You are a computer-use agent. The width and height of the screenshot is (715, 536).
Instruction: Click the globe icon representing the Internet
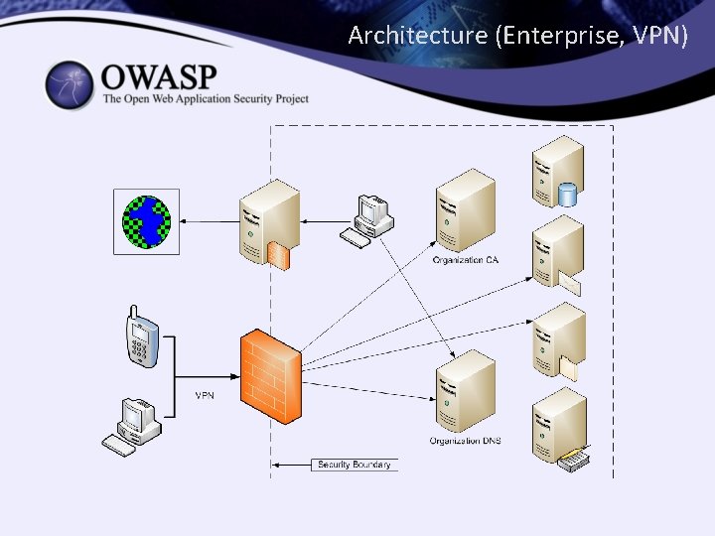146,220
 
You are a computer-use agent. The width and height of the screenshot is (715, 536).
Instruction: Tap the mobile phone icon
140,337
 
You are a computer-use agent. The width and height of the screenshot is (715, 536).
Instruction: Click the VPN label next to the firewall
204,395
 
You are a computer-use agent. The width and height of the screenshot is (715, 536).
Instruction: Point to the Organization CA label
465,260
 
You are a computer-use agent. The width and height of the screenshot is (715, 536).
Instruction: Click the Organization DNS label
465,441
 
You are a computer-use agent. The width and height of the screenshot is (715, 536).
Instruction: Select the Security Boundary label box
354,465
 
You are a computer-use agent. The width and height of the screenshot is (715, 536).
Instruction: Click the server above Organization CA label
464,210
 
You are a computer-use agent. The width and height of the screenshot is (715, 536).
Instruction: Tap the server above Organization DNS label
464,391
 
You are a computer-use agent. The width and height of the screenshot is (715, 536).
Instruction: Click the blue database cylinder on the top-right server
567,194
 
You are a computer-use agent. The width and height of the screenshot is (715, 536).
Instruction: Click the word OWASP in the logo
159,76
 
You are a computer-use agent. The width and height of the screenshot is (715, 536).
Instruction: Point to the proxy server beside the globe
268,220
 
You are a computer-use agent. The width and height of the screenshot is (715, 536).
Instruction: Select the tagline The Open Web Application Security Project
206,98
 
